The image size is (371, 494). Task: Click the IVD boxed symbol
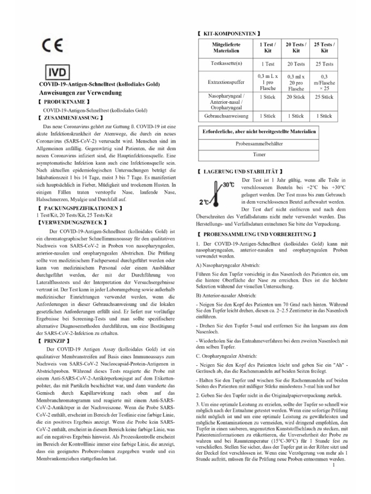pos(57,73)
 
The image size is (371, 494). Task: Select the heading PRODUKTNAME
pos(66,102)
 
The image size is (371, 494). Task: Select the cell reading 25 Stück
pos(324,97)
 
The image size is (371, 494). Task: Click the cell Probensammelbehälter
pos(259,144)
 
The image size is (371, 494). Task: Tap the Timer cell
pos(259,155)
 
